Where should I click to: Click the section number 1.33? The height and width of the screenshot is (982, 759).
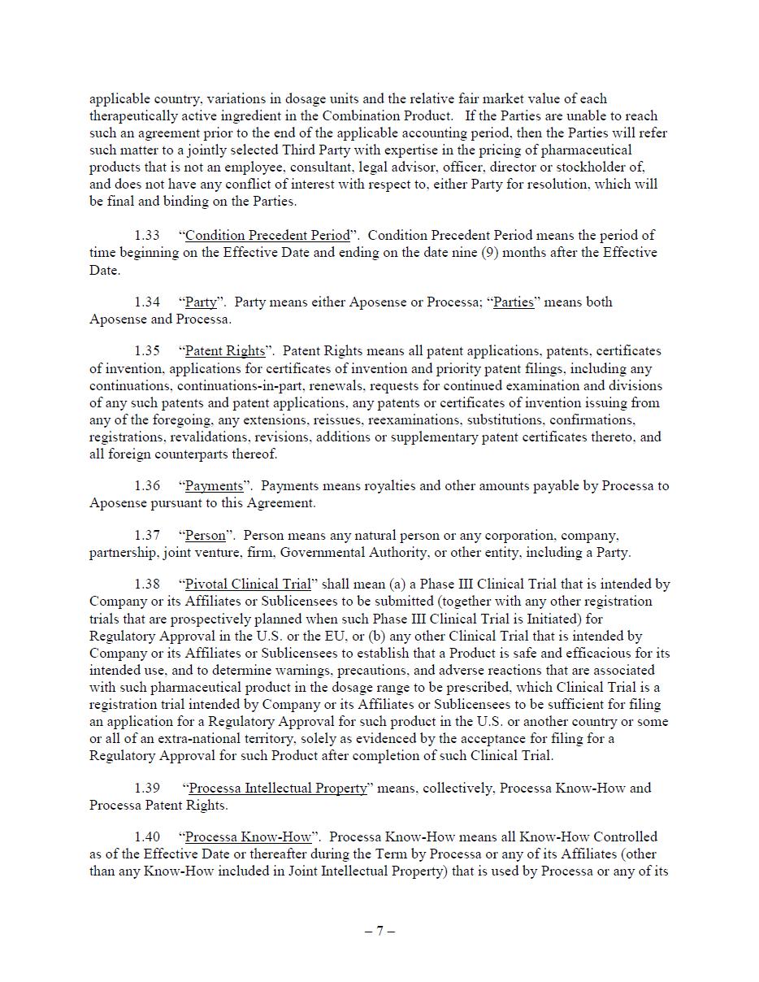click(x=147, y=236)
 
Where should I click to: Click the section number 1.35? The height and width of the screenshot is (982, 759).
click(x=147, y=351)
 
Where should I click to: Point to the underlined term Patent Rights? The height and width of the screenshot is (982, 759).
click(x=225, y=351)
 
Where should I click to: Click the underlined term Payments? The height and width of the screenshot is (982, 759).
click(x=214, y=486)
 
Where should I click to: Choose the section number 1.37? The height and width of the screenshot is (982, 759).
click(x=147, y=536)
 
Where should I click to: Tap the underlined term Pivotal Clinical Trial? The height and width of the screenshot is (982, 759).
click(x=248, y=584)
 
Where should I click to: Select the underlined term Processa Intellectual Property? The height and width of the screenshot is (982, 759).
click(x=277, y=789)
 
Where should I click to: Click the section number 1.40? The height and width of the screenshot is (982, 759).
click(x=147, y=837)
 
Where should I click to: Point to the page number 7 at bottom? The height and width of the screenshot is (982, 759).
click(x=379, y=932)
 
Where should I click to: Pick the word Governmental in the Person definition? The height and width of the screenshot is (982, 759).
click(x=319, y=553)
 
